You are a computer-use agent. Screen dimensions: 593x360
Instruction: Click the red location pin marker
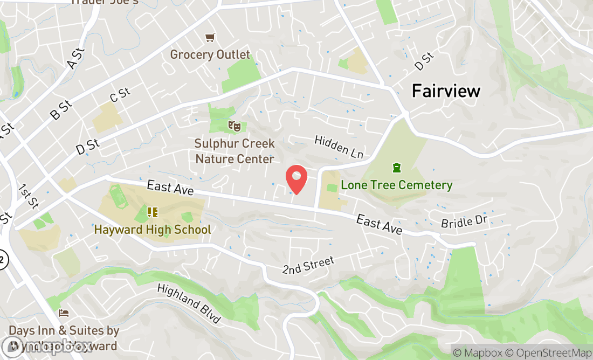[296, 179]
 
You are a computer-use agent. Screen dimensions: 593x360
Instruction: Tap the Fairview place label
[446, 91]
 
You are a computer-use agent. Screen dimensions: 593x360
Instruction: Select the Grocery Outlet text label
[210, 54]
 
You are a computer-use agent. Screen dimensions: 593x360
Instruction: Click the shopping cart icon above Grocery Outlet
[210, 37]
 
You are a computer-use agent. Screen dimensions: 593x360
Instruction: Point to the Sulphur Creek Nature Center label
[235, 151]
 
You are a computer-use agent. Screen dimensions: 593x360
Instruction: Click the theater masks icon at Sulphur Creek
[233, 126]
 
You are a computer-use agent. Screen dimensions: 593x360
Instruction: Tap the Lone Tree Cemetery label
[396, 185]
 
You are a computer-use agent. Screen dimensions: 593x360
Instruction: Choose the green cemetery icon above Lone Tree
[397, 168]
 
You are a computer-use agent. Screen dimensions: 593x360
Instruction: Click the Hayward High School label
[153, 230]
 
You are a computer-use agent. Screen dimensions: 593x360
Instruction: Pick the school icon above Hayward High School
[153, 212]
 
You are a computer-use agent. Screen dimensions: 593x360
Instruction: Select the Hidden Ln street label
[339, 147]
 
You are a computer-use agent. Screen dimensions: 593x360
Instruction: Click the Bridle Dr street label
[464, 222]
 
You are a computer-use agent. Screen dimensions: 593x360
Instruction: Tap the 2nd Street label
[308, 265]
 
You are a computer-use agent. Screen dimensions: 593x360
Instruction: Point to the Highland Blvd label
[189, 304]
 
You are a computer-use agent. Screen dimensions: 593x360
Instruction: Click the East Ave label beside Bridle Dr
[379, 224]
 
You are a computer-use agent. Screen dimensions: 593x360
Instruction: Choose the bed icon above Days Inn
[64, 313]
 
